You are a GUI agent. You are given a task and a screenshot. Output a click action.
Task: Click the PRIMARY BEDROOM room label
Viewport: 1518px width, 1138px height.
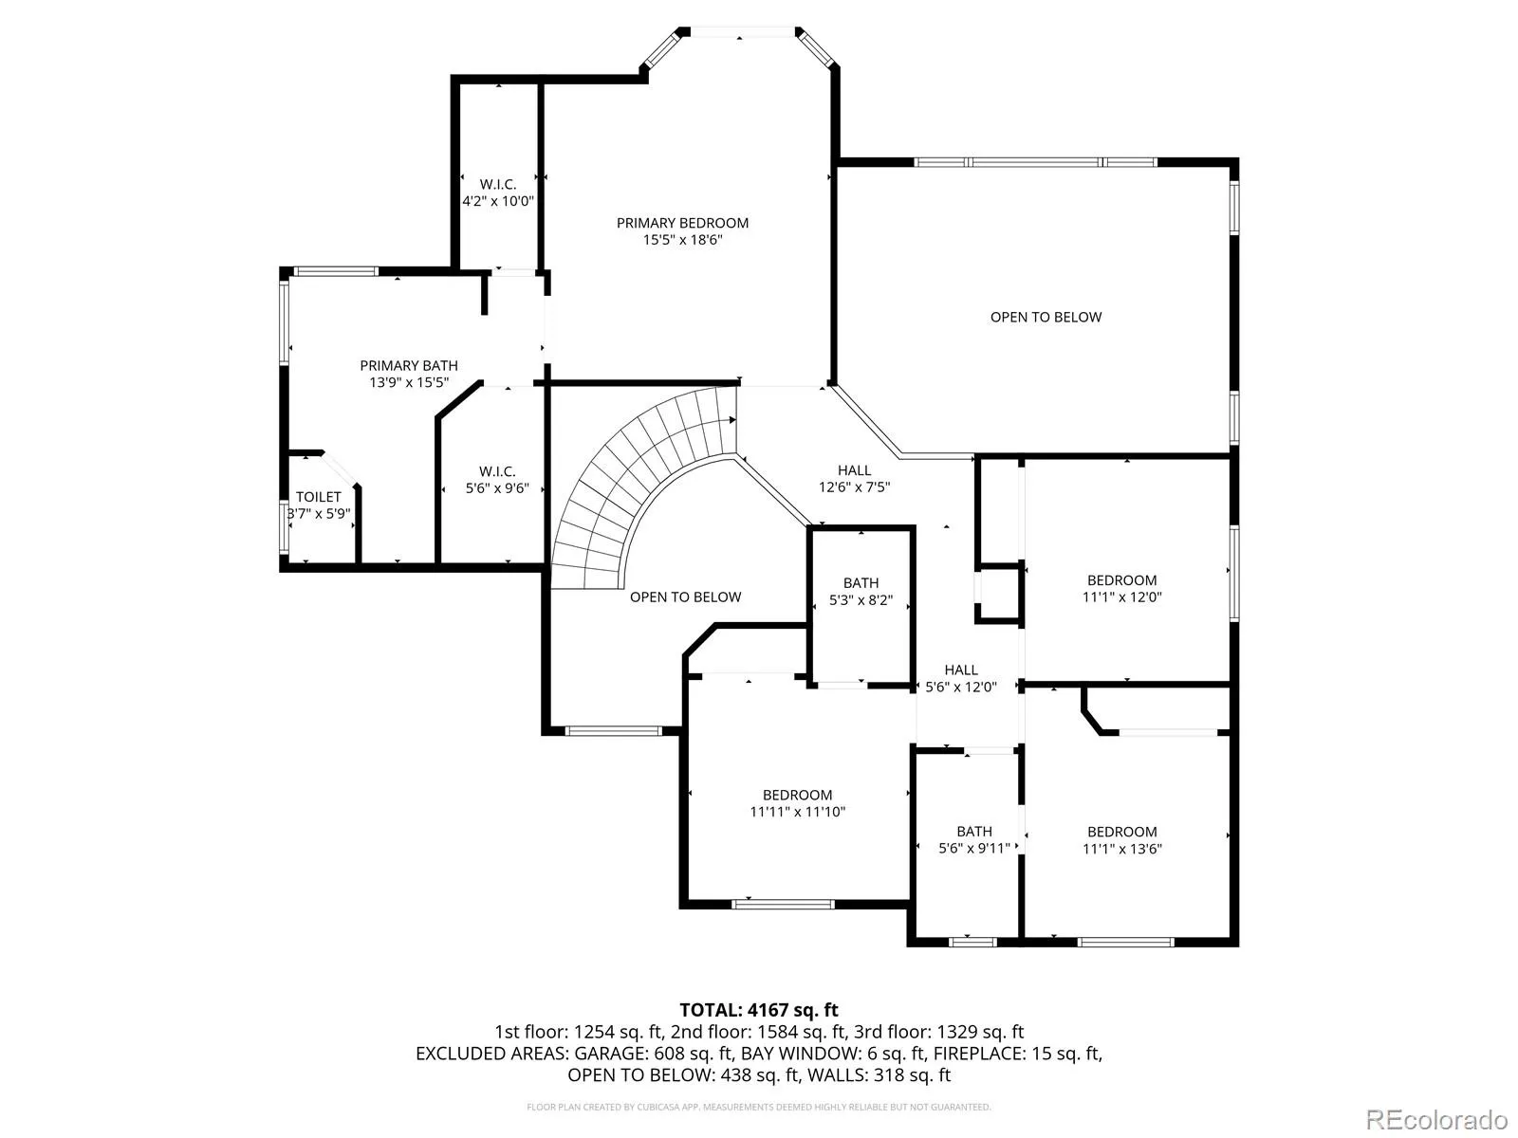tap(682, 223)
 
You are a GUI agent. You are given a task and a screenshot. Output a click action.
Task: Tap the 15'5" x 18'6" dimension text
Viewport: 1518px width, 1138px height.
tap(682, 240)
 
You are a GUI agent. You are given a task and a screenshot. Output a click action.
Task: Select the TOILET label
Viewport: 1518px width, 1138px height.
tap(318, 496)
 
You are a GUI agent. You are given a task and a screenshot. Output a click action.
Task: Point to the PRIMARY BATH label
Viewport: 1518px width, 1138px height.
tap(409, 365)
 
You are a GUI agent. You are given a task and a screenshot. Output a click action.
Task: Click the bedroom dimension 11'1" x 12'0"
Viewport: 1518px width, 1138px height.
tap(1121, 597)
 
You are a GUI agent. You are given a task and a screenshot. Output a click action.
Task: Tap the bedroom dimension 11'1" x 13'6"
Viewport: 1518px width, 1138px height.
tap(1121, 849)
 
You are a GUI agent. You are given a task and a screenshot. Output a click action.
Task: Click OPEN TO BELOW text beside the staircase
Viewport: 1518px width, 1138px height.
tap(685, 597)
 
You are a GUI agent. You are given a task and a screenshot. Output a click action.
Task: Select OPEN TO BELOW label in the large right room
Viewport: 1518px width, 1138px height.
tap(1046, 317)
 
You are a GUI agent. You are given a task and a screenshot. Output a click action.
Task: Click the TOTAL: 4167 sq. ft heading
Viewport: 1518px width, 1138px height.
tap(759, 1010)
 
